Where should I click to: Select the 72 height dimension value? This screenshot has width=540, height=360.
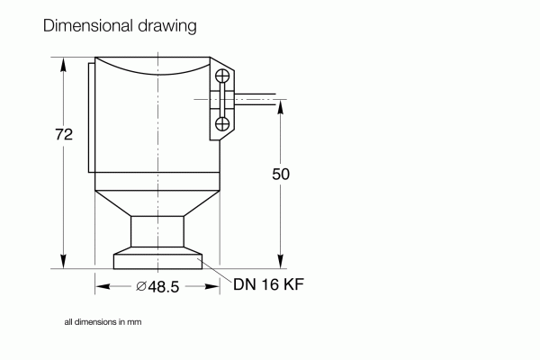(63, 135)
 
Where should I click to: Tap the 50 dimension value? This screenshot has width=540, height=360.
(281, 174)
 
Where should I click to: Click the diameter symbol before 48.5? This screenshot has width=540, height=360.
(141, 286)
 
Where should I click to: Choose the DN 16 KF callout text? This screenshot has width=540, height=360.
(269, 286)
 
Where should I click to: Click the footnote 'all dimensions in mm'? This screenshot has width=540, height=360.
(103, 321)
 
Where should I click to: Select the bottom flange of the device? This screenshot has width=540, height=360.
(157, 262)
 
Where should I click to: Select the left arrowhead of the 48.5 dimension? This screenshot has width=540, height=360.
(101, 286)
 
